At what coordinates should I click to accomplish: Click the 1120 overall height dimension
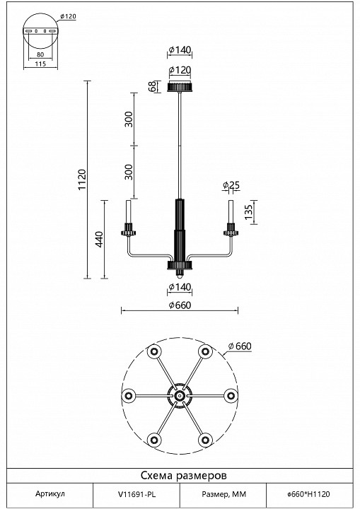(x=82, y=180)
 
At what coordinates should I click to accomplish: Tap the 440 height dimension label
(x=99, y=239)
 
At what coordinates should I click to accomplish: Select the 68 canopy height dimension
(x=152, y=87)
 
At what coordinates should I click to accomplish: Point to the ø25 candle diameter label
(x=231, y=185)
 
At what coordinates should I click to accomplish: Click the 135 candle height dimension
(x=248, y=212)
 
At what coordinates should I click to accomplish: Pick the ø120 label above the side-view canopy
(x=180, y=70)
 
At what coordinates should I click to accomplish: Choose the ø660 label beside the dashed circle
(x=240, y=346)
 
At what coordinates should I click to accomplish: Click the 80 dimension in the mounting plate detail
(x=40, y=54)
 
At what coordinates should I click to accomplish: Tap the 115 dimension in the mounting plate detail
(x=40, y=64)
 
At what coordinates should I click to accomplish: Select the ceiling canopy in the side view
(x=180, y=87)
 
